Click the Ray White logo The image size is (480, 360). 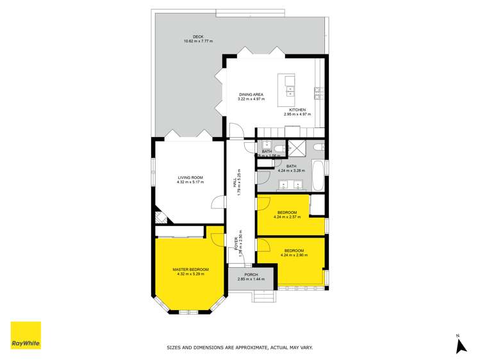point(26,335)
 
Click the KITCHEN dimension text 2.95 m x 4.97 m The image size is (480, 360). point(297,114)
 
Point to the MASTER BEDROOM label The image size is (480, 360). point(190,269)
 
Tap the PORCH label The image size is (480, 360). point(251,274)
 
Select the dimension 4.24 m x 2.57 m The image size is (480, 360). point(287,217)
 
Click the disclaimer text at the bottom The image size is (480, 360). point(240,348)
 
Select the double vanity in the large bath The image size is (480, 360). point(290,185)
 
